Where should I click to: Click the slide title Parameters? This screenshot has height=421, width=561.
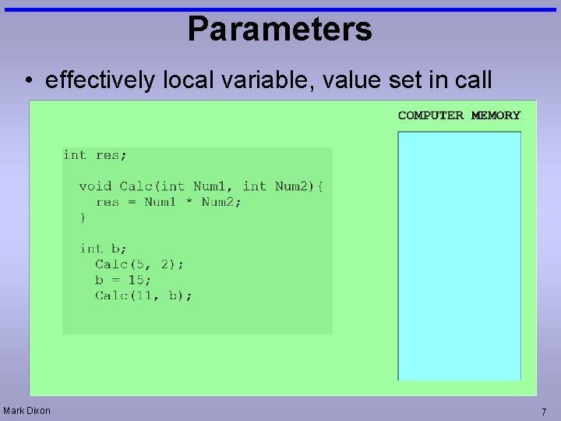280,30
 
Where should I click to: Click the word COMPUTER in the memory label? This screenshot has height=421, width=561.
430,115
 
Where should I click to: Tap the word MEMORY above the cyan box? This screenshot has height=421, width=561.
496,115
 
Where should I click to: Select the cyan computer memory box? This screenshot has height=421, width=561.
459,256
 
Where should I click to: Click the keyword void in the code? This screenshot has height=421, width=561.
95,186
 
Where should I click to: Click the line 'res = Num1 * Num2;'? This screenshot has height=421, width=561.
168,202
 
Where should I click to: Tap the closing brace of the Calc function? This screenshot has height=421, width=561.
83,218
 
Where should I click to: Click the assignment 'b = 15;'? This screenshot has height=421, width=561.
123,280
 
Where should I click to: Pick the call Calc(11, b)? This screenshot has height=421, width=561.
143,295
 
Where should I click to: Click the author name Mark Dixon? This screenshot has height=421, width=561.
26,411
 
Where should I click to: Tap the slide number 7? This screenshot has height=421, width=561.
544,412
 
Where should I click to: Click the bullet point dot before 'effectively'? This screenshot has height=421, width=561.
27,81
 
